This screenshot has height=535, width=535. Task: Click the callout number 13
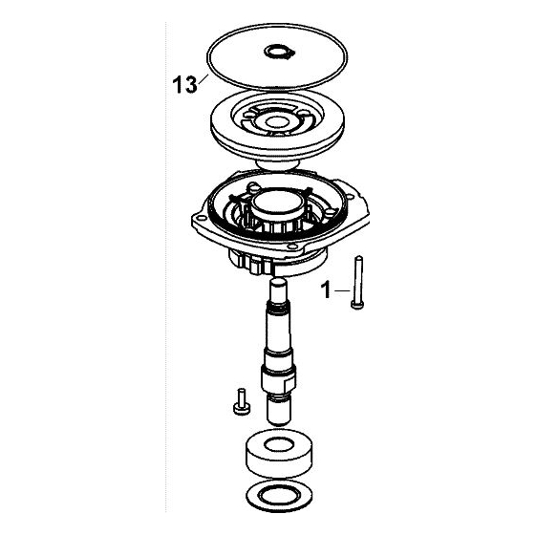tap(185, 85)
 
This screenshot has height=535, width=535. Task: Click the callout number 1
tap(326, 290)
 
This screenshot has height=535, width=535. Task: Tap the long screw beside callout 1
tap(357, 283)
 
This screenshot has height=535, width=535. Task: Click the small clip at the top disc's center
tap(279, 53)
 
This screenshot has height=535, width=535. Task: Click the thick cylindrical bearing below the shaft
tap(279, 453)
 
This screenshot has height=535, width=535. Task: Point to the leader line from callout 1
tap(342, 290)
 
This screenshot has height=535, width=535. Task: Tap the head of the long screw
tap(357, 306)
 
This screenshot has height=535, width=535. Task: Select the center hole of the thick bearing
tap(279, 444)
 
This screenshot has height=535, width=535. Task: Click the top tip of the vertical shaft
tap(278, 281)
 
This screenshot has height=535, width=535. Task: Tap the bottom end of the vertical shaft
tap(279, 423)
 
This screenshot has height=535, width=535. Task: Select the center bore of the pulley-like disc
tap(277, 121)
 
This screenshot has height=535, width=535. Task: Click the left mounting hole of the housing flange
tap(201, 218)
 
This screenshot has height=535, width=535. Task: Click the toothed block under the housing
tap(251, 262)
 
